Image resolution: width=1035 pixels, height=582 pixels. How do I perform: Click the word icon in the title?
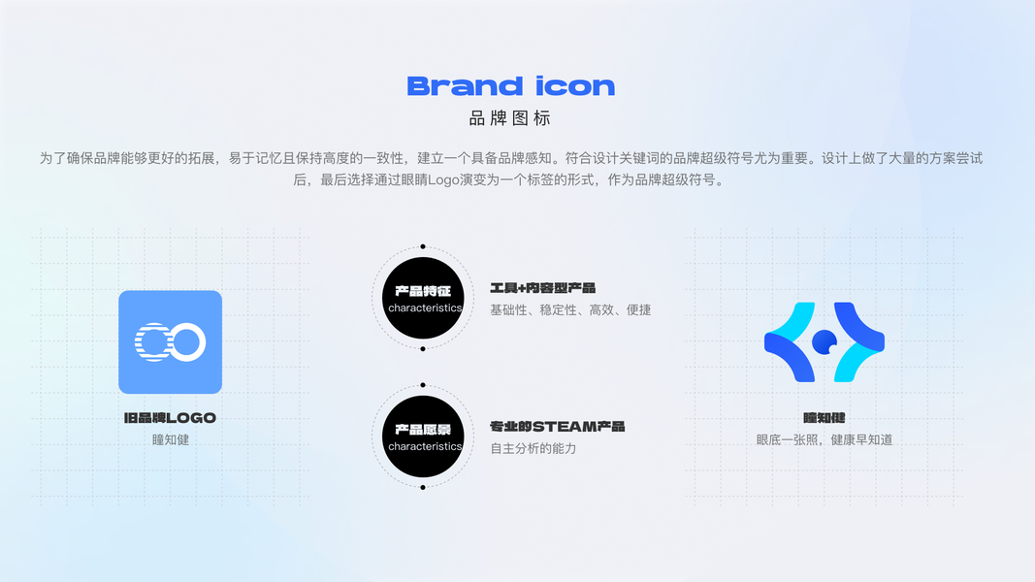point(575,86)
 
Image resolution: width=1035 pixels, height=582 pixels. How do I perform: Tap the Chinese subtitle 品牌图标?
point(510,119)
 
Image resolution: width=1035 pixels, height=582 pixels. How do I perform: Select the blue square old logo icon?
point(170,341)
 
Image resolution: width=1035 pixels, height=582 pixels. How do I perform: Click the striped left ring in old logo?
point(152,341)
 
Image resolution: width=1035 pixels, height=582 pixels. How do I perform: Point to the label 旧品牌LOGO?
point(170,418)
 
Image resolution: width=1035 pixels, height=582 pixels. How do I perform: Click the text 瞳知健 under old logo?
point(170,439)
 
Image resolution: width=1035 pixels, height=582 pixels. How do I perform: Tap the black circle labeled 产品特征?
point(423,298)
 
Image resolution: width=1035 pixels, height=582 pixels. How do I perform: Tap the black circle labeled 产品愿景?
point(423,436)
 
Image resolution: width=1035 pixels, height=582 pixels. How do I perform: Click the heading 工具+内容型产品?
point(542,288)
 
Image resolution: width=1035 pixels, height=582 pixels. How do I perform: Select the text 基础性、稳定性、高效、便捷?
point(570,310)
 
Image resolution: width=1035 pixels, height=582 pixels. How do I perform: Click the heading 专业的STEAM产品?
point(557,427)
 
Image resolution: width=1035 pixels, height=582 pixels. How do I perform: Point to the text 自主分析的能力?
point(533,449)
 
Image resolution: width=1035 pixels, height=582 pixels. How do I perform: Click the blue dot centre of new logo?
point(824,340)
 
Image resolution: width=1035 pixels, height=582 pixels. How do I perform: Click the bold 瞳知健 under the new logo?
point(824,418)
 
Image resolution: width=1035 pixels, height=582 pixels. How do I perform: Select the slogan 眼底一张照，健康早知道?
point(824,439)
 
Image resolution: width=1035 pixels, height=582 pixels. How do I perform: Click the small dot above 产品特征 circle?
point(423,246)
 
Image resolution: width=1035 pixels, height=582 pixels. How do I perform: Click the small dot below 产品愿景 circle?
point(423,487)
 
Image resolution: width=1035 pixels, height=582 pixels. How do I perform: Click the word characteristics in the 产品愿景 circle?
point(424,447)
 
